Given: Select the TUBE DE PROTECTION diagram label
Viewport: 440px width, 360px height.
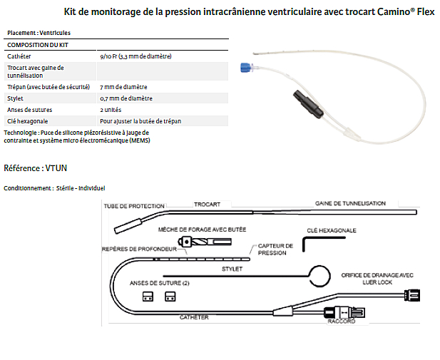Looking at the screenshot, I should click(134, 205).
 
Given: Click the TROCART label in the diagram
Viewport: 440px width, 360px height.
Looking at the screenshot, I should click(208, 204).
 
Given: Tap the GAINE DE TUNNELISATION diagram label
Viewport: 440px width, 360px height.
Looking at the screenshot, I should click(350, 203).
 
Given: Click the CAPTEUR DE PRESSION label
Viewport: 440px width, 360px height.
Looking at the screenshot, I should click(275, 249).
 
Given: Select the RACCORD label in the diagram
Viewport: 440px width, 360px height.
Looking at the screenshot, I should click(342, 322).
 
